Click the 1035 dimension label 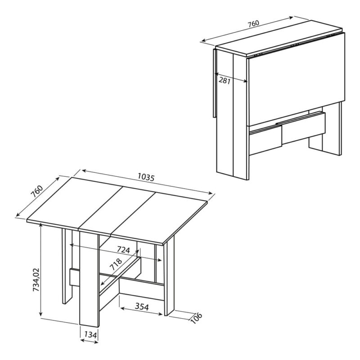click(x=146, y=177)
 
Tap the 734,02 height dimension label click(x=36, y=280)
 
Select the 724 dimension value click(x=123, y=250)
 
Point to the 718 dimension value click(x=116, y=264)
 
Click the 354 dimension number click(x=142, y=306)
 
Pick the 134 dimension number click(x=90, y=335)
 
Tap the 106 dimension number click(x=196, y=318)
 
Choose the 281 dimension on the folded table click(x=224, y=81)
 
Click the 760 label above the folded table click(x=253, y=23)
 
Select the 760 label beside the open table click(x=37, y=191)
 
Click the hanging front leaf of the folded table click(x=296, y=79)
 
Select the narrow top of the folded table click(x=279, y=37)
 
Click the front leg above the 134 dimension click(x=89, y=279)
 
